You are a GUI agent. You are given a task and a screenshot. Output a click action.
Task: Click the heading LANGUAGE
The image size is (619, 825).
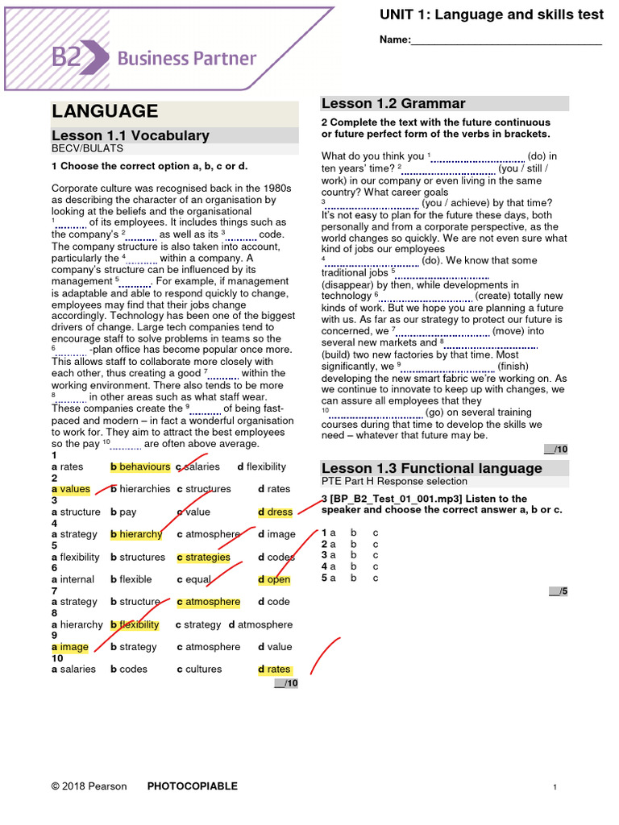[105, 111]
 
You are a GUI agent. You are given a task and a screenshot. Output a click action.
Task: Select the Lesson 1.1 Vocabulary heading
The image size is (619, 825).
[131, 135]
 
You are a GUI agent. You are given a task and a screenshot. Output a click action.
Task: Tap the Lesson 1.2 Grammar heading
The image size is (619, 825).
[393, 103]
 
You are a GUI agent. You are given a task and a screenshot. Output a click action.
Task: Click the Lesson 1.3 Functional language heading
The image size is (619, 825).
[431, 468]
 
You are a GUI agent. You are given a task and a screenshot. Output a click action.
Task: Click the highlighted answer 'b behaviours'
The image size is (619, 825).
[140, 466]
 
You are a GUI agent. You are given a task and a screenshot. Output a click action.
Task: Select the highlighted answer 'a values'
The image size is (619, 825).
[71, 489]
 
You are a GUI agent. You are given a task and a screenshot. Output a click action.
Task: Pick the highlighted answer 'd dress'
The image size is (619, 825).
[276, 512]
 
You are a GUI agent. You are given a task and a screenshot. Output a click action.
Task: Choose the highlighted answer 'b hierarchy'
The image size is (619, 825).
[136, 534]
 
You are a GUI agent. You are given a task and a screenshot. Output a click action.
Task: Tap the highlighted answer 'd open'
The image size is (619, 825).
[274, 579]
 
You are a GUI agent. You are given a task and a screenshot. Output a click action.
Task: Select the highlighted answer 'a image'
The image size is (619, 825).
[70, 647]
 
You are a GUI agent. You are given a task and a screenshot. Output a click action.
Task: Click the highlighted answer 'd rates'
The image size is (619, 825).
[275, 669]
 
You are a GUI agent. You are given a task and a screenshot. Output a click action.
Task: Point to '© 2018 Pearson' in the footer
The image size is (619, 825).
[89, 786]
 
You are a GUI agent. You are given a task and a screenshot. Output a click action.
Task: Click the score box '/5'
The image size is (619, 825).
[559, 591]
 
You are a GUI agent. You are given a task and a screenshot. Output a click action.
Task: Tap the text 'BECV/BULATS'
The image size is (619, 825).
[88, 149]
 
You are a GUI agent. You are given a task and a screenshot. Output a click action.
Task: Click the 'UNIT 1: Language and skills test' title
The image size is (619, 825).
[491, 15]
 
